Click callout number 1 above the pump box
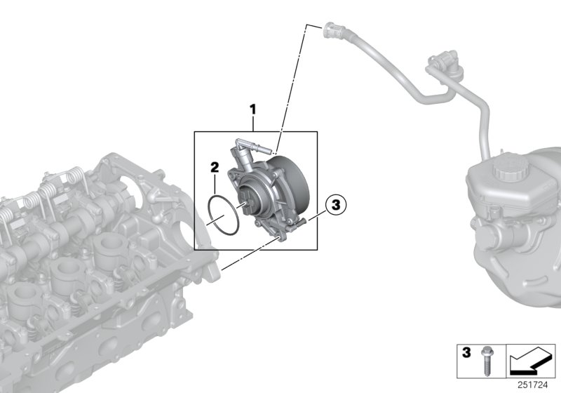[x=253, y=109]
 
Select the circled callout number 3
[x=335, y=205]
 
